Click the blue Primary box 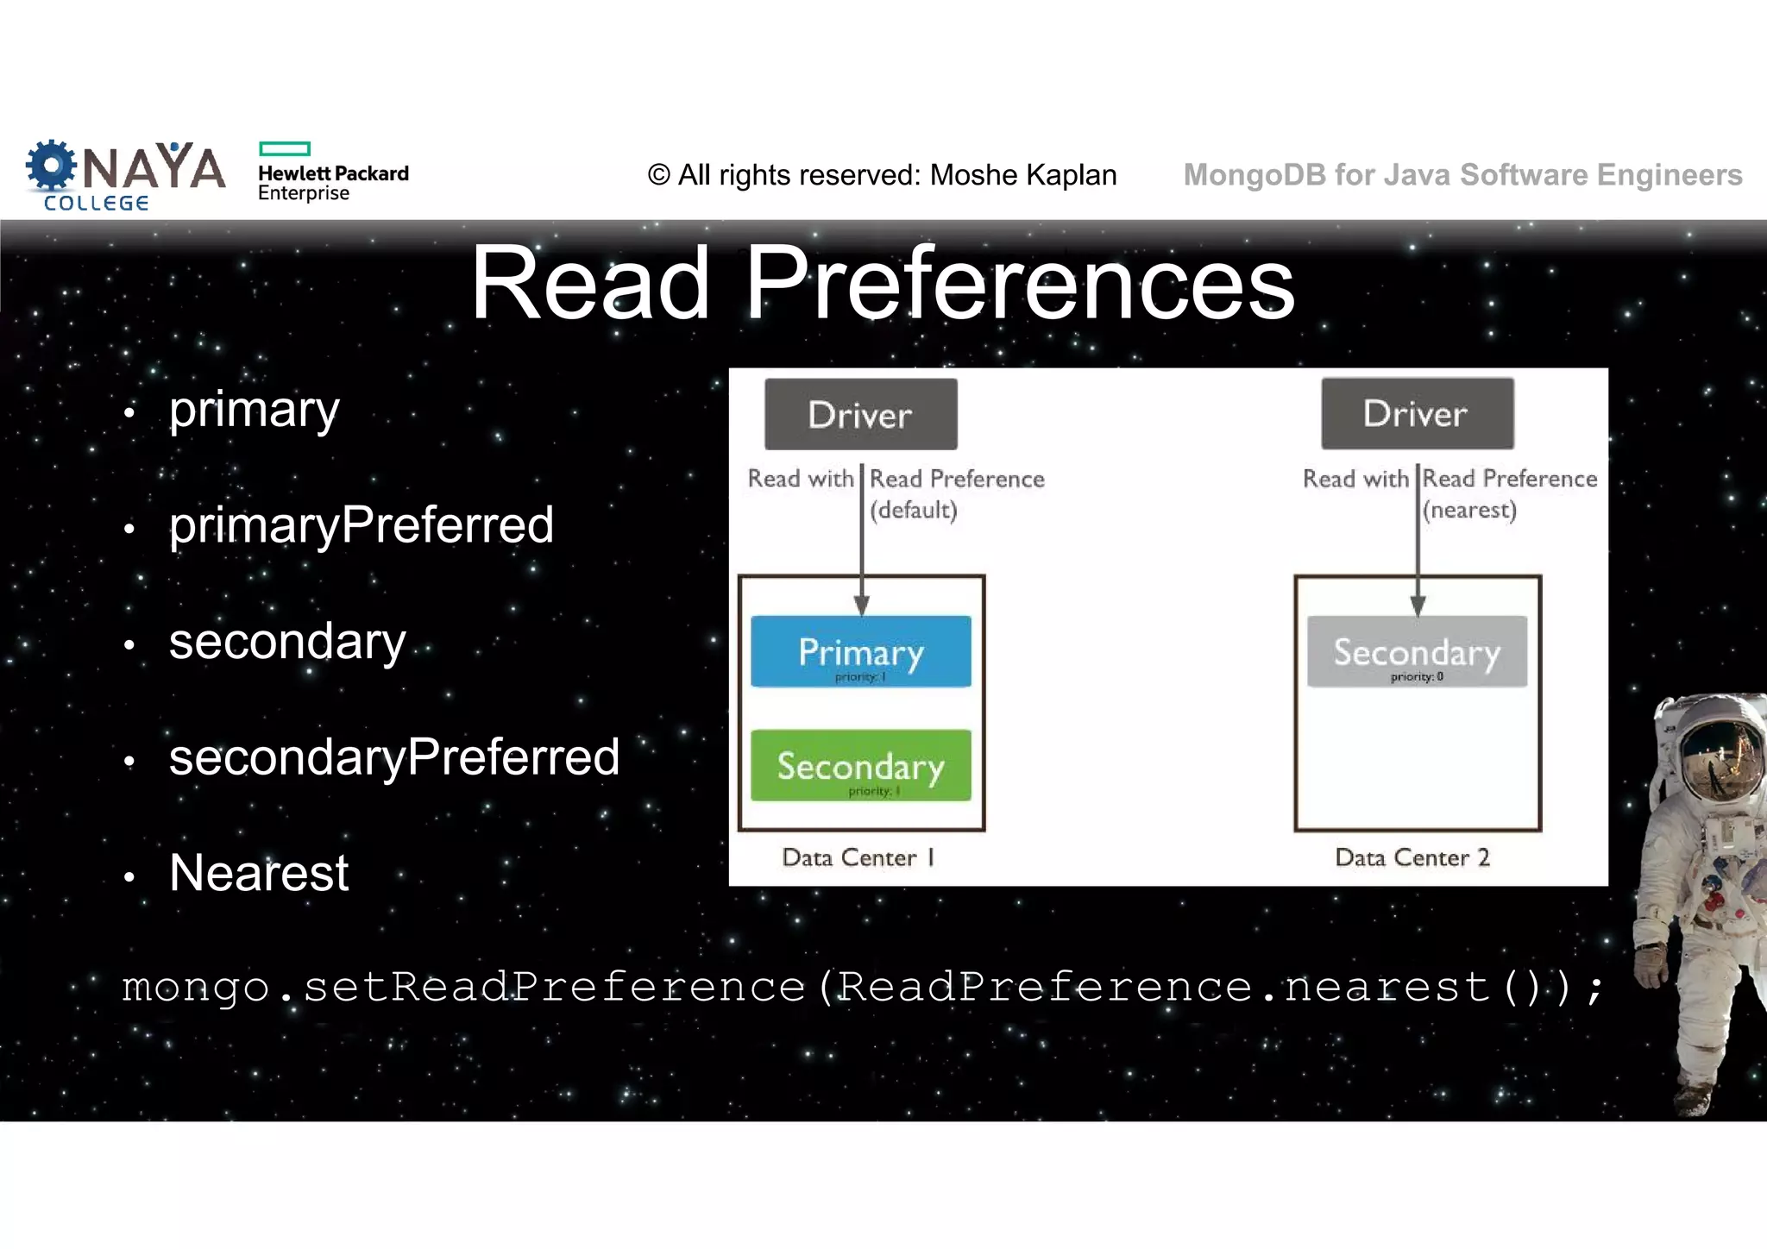pyautogui.click(x=860, y=651)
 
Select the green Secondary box pyautogui.click(x=860, y=765)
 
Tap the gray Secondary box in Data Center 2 pyautogui.click(x=1417, y=651)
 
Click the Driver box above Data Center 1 pyautogui.click(x=860, y=414)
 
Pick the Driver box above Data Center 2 pyautogui.click(x=1417, y=413)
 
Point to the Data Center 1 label pyautogui.click(x=858, y=857)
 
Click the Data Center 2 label pyautogui.click(x=1412, y=857)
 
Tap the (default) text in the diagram pyautogui.click(x=913, y=510)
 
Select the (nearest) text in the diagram pyautogui.click(x=1469, y=510)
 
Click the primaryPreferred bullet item pyautogui.click(x=361, y=525)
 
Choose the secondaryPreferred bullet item pyautogui.click(x=393, y=757)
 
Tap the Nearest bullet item pyautogui.click(x=259, y=873)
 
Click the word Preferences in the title pyautogui.click(x=1019, y=283)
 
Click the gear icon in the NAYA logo pyautogui.click(x=51, y=165)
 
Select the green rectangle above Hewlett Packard pyautogui.click(x=284, y=148)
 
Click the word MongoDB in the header pyautogui.click(x=1255, y=175)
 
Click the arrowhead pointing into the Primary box pyautogui.click(x=861, y=606)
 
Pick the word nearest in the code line pyautogui.click(x=1387, y=987)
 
